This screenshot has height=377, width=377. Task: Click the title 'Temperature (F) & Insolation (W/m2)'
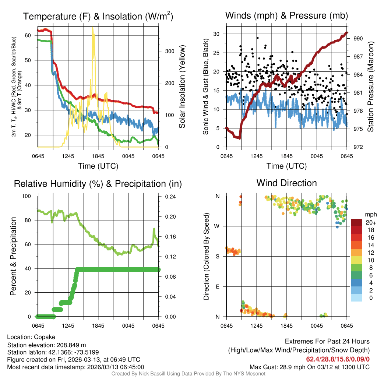[x=98, y=16]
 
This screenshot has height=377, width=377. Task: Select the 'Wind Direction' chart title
[x=286, y=183]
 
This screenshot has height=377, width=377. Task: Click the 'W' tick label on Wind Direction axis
[x=218, y=226]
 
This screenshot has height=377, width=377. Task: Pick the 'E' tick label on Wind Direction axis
[x=218, y=286]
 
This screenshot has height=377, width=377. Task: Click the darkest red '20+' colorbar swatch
[x=356, y=222]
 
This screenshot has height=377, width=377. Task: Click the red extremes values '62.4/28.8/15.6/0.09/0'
[x=338, y=359]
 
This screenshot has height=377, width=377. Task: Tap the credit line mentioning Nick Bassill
[x=188, y=374]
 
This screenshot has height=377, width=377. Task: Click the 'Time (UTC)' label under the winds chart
[x=287, y=166]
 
